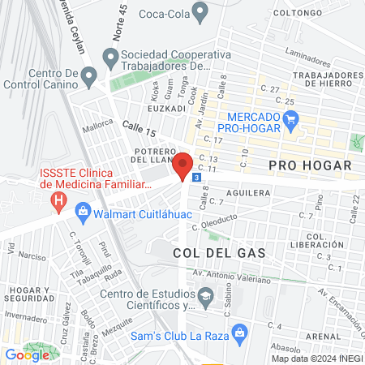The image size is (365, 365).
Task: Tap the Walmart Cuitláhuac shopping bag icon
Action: pos(82,213)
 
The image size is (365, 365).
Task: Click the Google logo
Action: pos(27,354)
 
